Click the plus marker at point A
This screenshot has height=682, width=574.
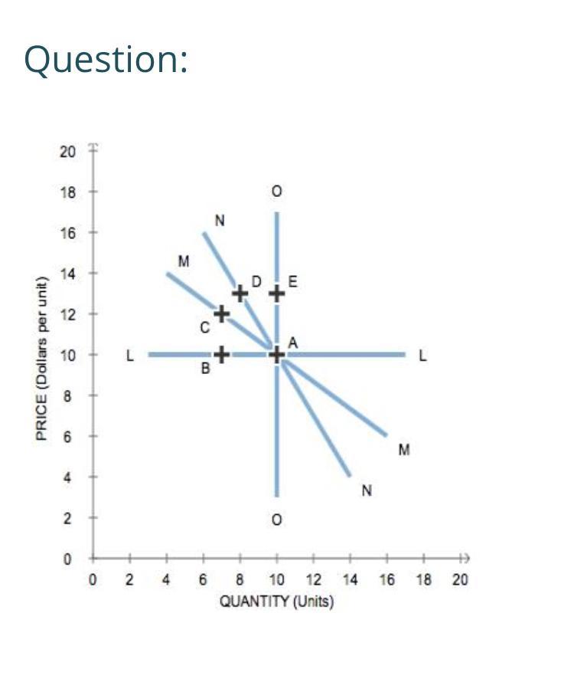[x=277, y=354]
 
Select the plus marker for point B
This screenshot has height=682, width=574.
[x=221, y=354]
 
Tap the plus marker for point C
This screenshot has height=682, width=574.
[x=221, y=313]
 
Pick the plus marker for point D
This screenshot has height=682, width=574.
[x=240, y=293]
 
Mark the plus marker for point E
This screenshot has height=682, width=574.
[x=277, y=293]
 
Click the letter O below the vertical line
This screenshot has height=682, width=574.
[x=277, y=520]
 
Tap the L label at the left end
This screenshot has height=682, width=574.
[x=130, y=356]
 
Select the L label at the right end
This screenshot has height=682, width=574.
[x=422, y=356]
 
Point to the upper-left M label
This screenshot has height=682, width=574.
[x=183, y=261]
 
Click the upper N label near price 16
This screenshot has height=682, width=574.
[x=220, y=221]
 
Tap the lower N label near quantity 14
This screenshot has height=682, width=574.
[x=367, y=490]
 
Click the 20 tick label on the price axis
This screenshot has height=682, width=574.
[x=67, y=151]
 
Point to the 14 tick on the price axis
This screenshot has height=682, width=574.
[x=67, y=274]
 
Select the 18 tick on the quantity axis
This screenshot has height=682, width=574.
[x=423, y=580]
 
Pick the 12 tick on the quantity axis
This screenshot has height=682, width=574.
[x=313, y=580]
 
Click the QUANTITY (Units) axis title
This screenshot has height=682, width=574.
[x=276, y=602]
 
